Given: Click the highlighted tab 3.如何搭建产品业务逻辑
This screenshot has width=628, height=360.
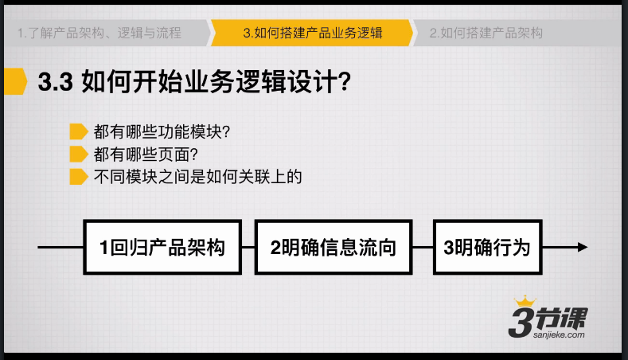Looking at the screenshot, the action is (312, 33).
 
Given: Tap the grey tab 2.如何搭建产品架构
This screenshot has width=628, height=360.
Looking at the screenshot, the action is (517, 33).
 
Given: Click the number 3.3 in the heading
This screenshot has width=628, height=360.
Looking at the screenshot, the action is (55, 82).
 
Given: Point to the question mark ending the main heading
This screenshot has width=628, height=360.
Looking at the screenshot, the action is (344, 82).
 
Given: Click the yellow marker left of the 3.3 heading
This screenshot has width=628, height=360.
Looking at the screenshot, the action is (15, 82).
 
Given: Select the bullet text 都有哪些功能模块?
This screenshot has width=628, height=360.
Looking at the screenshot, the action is (162, 132).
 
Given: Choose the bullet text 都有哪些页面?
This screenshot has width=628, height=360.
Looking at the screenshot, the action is (146, 155).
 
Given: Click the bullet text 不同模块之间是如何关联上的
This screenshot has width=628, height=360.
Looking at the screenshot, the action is (198, 177).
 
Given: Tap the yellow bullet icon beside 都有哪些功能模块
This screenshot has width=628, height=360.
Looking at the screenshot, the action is (79, 131).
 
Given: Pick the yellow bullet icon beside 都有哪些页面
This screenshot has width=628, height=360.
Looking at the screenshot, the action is (79, 154).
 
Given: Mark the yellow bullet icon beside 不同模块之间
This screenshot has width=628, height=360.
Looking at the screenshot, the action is (79, 177).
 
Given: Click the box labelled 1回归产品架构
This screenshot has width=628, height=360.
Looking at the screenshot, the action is (162, 247).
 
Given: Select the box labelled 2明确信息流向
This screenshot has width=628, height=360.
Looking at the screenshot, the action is (334, 247).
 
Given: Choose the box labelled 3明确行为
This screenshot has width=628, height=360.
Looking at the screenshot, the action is (487, 247).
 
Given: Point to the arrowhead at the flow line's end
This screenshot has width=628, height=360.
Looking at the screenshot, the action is (583, 247).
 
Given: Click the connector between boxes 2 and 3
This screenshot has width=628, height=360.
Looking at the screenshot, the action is (423, 247).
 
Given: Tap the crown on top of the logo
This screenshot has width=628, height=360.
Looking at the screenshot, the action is (525, 301).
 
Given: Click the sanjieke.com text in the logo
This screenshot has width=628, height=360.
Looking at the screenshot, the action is (559, 335).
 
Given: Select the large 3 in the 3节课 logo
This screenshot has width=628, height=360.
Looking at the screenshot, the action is (521, 322).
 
